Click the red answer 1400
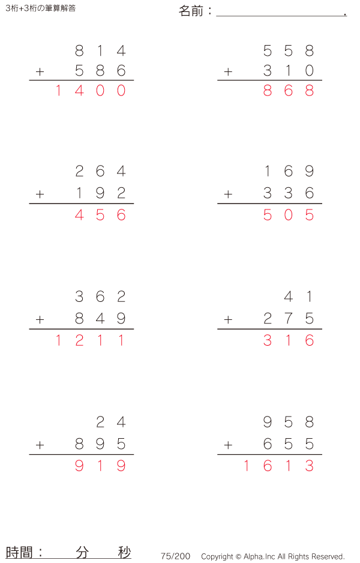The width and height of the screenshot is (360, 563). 90,91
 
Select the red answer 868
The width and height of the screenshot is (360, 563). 289,91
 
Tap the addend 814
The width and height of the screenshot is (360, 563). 100,51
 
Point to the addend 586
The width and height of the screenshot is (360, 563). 100,71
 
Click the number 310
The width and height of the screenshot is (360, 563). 289,71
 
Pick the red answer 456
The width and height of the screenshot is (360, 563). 100,215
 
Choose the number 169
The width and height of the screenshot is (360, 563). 289,172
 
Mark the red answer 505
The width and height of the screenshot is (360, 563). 289,215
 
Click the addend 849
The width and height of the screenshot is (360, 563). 100,318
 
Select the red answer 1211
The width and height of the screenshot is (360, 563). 90,341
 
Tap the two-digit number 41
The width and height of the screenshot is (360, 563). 299,297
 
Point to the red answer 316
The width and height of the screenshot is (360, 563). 289,341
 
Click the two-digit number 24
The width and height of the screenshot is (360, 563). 111,423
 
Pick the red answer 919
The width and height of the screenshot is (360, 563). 100,466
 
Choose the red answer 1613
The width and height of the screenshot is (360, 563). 278,466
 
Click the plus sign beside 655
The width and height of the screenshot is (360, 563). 228,445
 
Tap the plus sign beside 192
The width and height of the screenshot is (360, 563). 40,194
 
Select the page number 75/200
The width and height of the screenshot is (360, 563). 175,556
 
